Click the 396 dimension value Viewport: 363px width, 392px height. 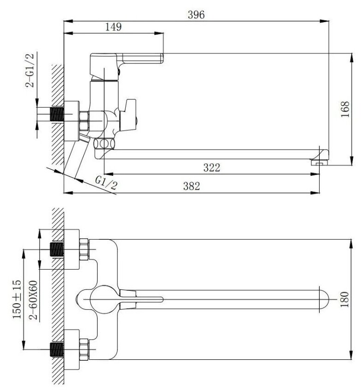[196, 14]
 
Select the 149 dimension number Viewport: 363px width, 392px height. [113, 27]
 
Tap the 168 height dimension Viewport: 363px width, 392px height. [346, 109]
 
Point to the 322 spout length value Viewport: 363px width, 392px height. [211, 167]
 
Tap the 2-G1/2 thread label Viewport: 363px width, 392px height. [31, 70]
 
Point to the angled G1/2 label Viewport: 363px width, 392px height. [106, 184]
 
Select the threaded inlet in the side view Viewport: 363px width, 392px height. [56, 115]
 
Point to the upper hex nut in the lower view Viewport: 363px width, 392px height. [85, 249]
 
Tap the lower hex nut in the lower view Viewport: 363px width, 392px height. [85, 349]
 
